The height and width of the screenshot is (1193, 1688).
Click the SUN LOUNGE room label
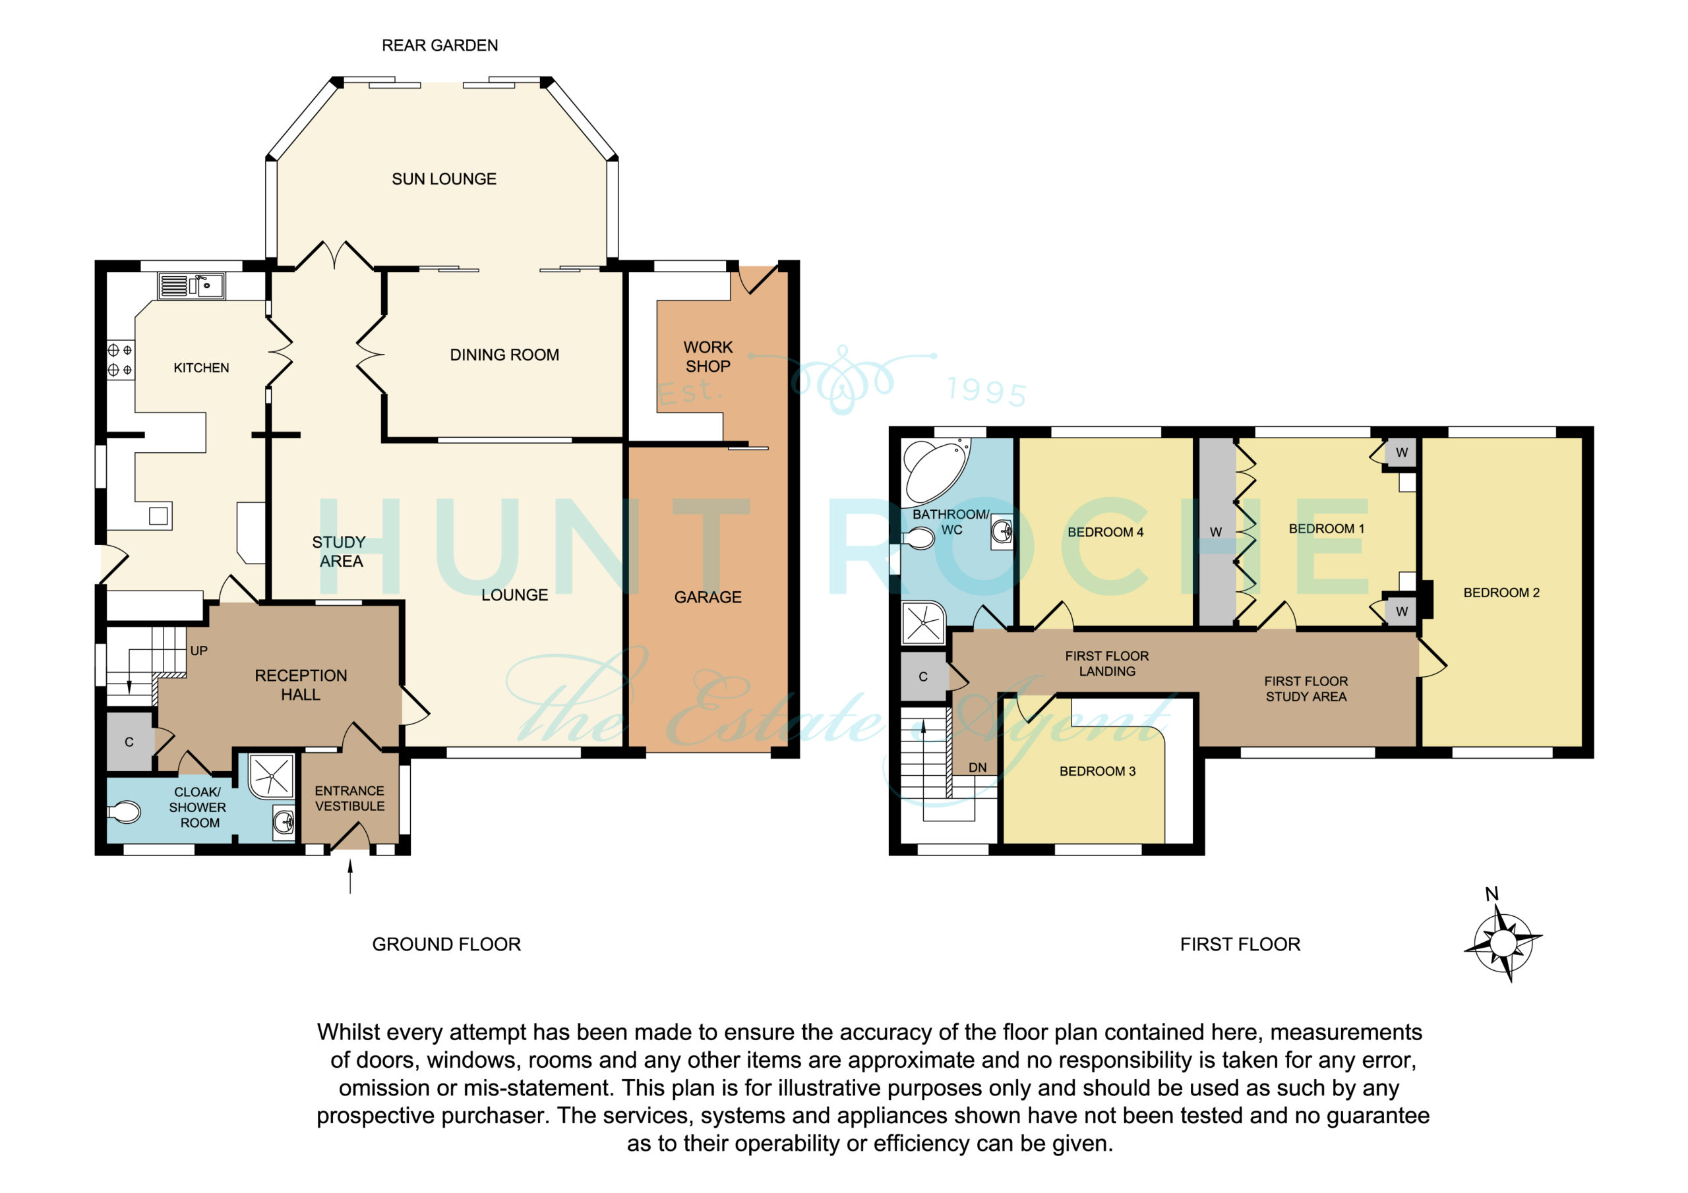click(444, 179)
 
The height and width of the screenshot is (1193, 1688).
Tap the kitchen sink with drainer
click(191, 286)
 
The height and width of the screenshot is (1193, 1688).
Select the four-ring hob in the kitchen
click(121, 360)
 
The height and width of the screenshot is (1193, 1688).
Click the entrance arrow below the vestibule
click(350, 876)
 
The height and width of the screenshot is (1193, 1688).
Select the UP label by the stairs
click(198, 651)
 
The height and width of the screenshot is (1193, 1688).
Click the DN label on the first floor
click(977, 767)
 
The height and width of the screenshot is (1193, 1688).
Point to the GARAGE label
click(708, 597)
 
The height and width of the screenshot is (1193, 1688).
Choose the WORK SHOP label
click(708, 357)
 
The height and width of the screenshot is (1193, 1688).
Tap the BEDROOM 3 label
click(1097, 771)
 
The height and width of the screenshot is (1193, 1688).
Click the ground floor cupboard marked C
click(129, 742)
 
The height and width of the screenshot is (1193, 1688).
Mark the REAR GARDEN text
click(440, 45)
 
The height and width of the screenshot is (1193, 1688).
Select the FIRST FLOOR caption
click(1240, 945)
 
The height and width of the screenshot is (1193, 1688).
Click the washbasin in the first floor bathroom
click(1002, 530)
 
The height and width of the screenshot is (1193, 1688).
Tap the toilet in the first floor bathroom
click(919, 538)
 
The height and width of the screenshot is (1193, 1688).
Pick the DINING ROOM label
click(504, 355)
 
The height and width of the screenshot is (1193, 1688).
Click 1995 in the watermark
click(987, 391)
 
